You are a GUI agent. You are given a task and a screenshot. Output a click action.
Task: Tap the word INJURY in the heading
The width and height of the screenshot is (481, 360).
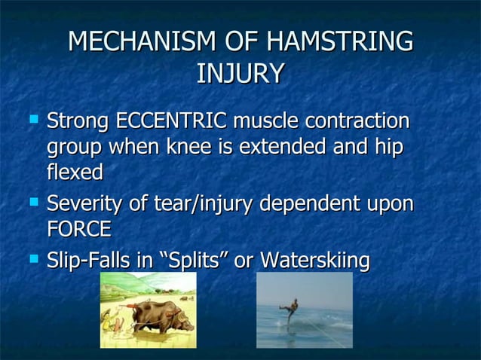pyautogui.click(x=240, y=74)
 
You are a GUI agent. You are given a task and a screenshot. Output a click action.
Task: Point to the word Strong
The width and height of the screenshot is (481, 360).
pyautogui.click(x=78, y=121)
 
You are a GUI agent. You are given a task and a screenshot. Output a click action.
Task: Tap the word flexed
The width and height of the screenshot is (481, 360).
pyautogui.click(x=74, y=172)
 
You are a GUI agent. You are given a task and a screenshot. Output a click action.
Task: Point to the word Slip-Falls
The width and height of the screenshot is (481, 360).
pyautogui.click(x=90, y=261)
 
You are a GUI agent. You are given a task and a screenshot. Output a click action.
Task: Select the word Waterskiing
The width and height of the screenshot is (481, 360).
pyautogui.click(x=314, y=261)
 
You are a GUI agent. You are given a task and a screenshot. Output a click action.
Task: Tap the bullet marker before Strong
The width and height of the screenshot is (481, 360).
pyautogui.click(x=33, y=119)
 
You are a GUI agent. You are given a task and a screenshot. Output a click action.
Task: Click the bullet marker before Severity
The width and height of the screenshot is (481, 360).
pyautogui.click(x=33, y=202)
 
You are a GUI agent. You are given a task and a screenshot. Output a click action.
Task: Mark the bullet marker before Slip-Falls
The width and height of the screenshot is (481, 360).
pyautogui.click(x=33, y=259)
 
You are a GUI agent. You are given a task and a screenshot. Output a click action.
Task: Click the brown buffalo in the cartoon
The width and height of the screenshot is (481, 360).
pyautogui.click(x=155, y=313)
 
